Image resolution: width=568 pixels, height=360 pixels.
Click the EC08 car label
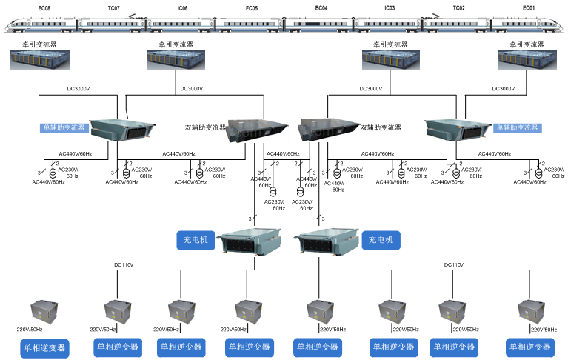click(44, 8)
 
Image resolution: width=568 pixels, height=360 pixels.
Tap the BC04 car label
click(321, 8)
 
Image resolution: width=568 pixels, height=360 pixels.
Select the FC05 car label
click(252, 8)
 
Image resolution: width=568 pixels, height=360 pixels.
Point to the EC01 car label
click(528, 8)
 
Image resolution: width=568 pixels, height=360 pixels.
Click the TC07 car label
click(113, 8)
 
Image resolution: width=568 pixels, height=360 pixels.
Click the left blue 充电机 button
click(196, 239)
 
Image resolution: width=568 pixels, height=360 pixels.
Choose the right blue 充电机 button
click(382, 239)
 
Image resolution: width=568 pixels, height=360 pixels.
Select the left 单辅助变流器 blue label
click(64, 127)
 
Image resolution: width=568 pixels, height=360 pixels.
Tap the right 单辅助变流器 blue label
click(518, 127)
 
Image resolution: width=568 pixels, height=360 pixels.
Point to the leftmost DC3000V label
click(78, 89)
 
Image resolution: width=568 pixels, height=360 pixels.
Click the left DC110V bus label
click(124, 264)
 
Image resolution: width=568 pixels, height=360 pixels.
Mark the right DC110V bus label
click(453, 264)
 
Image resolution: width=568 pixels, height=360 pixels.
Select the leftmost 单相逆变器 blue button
click(44, 347)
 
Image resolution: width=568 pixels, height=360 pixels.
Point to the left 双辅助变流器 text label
click(205, 127)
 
